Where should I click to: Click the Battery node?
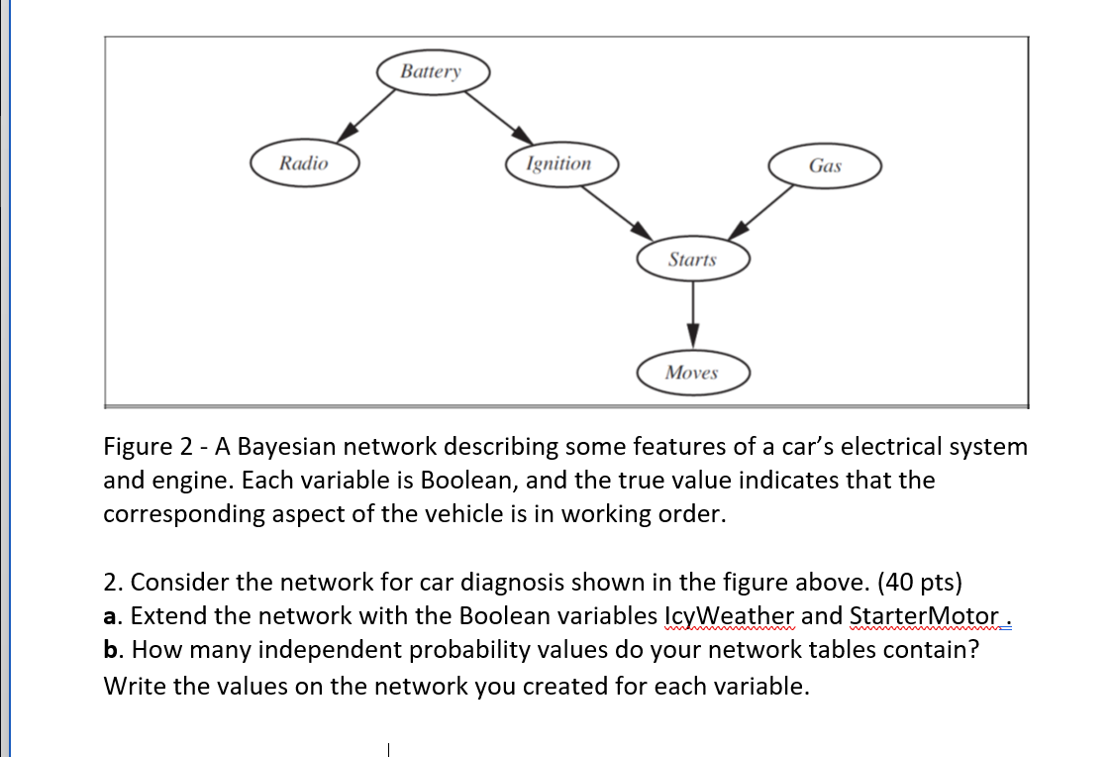click(432, 72)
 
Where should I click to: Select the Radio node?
click(304, 163)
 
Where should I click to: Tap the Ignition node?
click(559, 163)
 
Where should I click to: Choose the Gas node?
click(825, 165)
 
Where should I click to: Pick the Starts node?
click(692, 260)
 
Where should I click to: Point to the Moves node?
click(692, 373)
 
